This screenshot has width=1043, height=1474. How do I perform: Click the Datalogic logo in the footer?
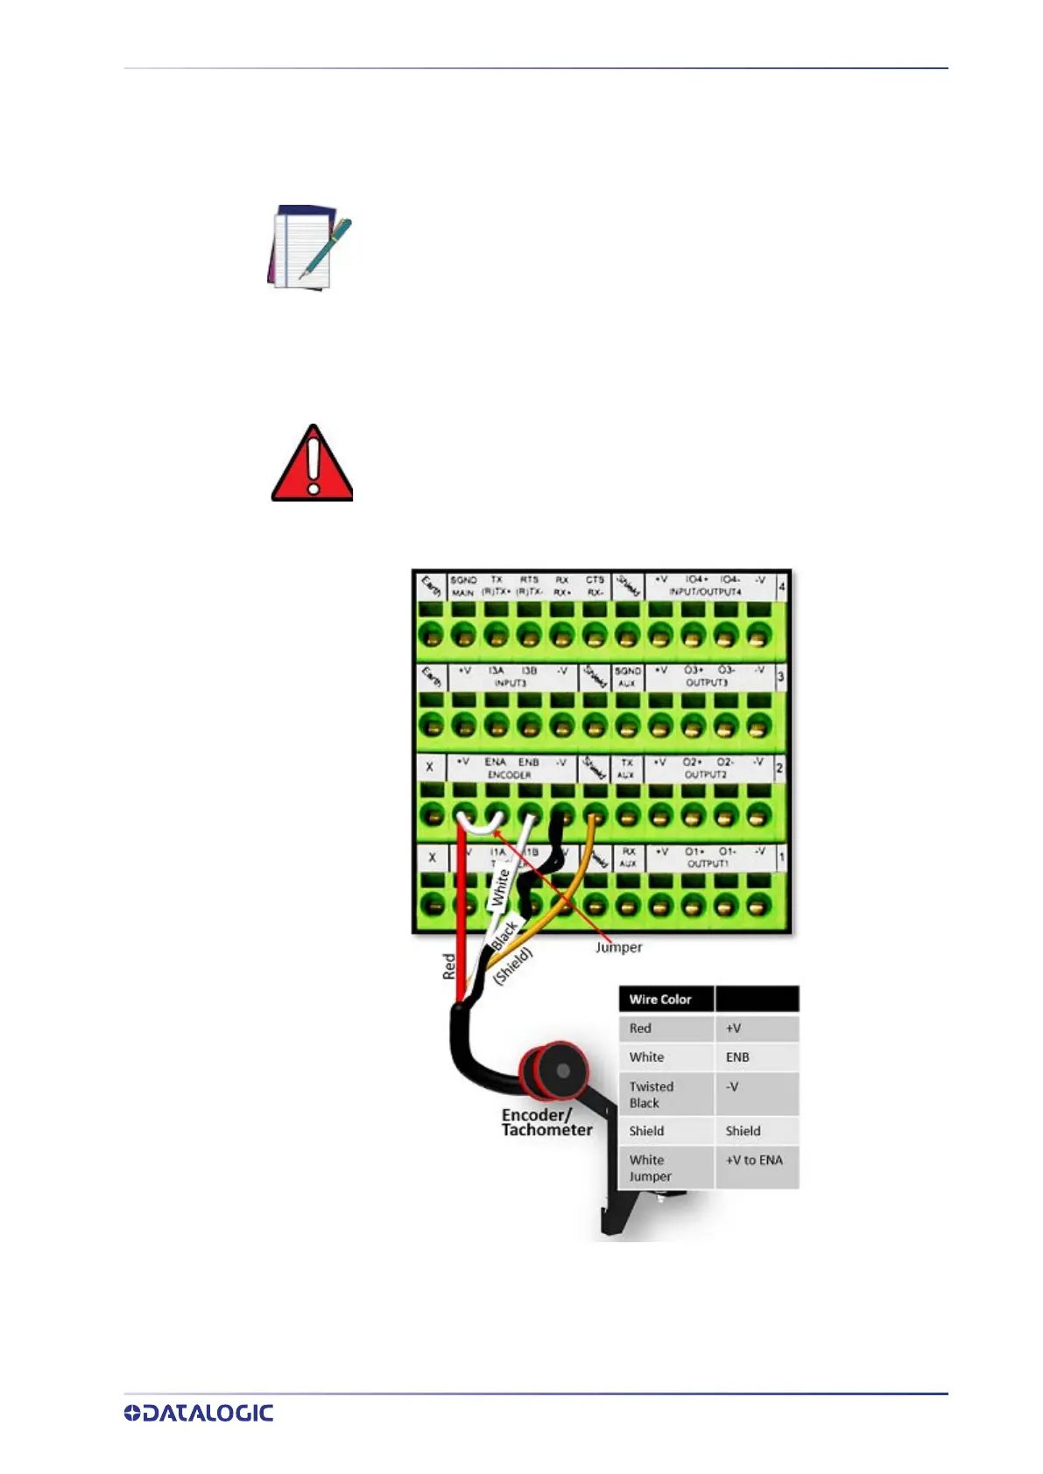click(x=199, y=1413)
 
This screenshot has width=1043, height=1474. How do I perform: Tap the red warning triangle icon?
click(x=312, y=464)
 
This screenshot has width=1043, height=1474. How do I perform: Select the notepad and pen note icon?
click(x=309, y=247)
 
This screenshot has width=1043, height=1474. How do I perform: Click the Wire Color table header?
click(x=660, y=999)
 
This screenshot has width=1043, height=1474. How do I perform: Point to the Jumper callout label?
click(x=618, y=947)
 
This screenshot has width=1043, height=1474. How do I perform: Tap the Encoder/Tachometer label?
click(x=546, y=1122)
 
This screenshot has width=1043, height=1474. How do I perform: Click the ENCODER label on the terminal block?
click(x=509, y=775)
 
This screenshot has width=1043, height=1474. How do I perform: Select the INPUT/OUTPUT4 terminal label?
click(x=705, y=593)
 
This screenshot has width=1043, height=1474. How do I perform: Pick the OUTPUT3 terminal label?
click(x=706, y=683)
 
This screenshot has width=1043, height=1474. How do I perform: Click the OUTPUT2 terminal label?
click(x=706, y=775)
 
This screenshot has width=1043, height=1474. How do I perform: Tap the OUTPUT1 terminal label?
click(x=707, y=864)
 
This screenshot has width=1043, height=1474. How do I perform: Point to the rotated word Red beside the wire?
click(x=449, y=966)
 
